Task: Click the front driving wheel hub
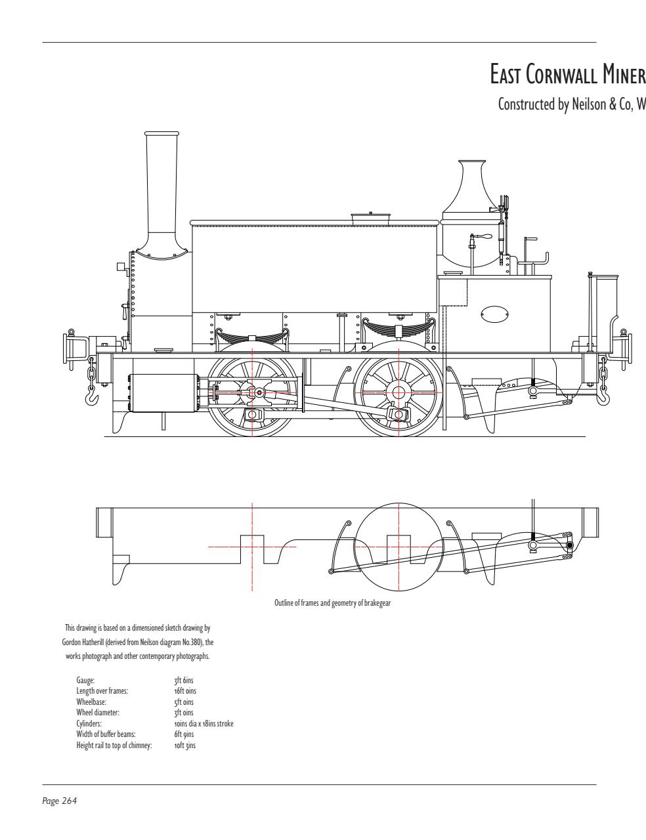pos(253,392)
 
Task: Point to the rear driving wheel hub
pos(398,392)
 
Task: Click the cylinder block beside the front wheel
pos(165,393)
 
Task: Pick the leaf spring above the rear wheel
pos(398,327)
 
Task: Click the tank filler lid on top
pos(370,217)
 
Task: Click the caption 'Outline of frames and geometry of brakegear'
pos(332,603)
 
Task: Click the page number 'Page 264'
pos(60,801)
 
